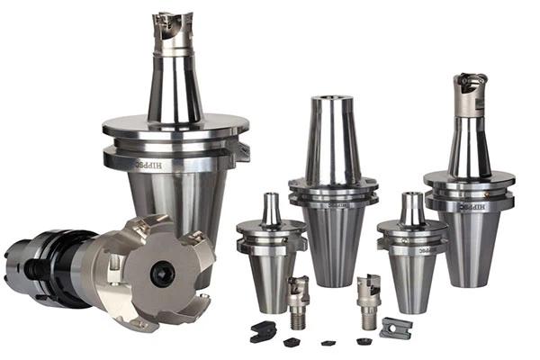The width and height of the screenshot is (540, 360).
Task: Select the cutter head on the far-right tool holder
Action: coord(472,92)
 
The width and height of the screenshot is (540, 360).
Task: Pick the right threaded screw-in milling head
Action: coord(368,291)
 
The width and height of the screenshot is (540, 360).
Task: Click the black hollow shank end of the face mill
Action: coord(27,261)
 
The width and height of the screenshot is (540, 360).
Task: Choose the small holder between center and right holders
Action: coord(411,247)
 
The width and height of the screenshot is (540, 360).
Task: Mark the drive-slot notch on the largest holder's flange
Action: coord(241,151)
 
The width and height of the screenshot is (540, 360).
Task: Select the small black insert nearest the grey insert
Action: coord(364,341)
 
